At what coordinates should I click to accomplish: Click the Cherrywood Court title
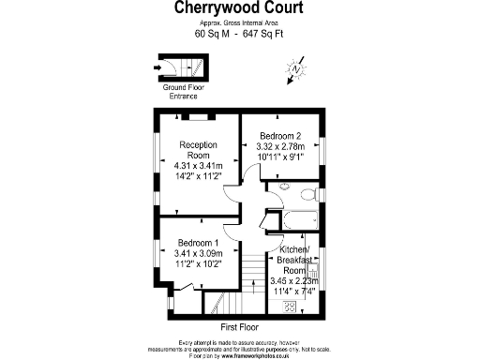(x=240, y=8)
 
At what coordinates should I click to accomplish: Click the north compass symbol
(x=297, y=67)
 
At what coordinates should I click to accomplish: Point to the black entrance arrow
(x=157, y=67)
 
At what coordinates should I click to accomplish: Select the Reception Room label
(x=199, y=150)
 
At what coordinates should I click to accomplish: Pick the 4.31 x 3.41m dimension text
(x=199, y=166)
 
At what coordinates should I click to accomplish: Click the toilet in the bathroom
(x=306, y=194)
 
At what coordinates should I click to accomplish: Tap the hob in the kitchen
(x=291, y=306)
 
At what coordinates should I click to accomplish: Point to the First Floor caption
(x=240, y=328)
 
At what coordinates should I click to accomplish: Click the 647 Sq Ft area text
(x=262, y=34)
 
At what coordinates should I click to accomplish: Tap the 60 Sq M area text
(x=211, y=34)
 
